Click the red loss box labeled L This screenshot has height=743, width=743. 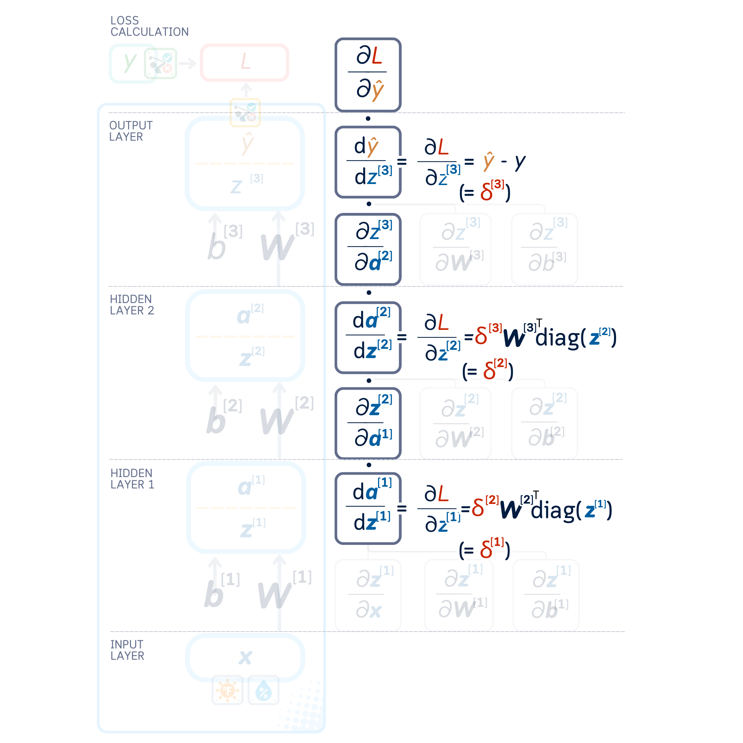(x=245, y=63)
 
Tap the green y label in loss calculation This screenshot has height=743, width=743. (x=130, y=62)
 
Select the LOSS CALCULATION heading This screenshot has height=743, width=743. (x=149, y=26)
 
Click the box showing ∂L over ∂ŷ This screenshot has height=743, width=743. (x=368, y=75)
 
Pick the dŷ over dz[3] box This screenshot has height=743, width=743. (x=368, y=162)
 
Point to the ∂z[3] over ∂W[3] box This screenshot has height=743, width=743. (x=455, y=249)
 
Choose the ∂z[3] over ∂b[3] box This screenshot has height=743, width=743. (x=544, y=249)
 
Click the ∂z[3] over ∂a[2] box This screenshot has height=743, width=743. (x=368, y=249)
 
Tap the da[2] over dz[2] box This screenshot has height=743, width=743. (x=368, y=337)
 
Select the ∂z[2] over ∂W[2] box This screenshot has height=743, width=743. (x=455, y=423)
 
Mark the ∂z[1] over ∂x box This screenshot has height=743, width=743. (x=368, y=595)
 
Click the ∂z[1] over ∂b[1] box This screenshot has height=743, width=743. (x=546, y=595)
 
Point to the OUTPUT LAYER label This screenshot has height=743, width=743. (x=131, y=131)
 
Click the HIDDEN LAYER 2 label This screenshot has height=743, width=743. (x=131, y=304)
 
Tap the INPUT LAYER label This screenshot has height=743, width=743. (x=127, y=650)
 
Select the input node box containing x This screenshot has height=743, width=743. (x=245, y=657)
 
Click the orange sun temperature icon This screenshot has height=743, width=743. (x=227, y=690)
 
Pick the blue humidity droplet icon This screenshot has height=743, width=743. (x=263, y=690)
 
